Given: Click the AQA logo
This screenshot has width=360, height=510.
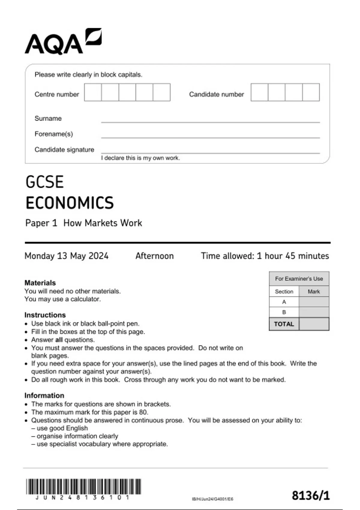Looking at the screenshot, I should pyautogui.click(x=63, y=42).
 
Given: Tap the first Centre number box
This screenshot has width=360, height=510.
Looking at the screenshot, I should pyautogui.click(x=93, y=92).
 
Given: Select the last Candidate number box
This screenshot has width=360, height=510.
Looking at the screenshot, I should pyautogui.click(x=311, y=92).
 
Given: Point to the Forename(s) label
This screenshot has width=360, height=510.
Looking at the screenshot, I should pyautogui.click(x=54, y=134).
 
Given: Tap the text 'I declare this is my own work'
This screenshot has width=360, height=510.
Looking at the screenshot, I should pyautogui.click(x=140, y=158).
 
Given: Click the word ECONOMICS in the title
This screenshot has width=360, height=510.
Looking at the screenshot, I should pyautogui.click(x=70, y=203).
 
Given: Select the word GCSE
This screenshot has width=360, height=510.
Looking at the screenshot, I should pyautogui.click(x=45, y=182).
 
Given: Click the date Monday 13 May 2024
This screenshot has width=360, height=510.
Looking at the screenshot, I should pyautogui.click(x=66, y=256).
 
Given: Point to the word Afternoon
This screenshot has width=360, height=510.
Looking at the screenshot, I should pyautogui.click(x=154, y=256).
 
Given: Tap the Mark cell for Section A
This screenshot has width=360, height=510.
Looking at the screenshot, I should pyautogui.click(x=314, y=302).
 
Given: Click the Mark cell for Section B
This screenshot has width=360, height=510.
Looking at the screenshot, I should pyautogui.click(x=314, y=312).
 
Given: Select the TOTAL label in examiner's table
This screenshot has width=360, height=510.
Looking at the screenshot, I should pyautogui.click(x=284, y=324).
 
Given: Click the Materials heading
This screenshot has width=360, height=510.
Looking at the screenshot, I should pyautogui.click(x=40, y=283).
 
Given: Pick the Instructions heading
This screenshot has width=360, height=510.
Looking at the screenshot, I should pyautogui.click(x=45, y=315).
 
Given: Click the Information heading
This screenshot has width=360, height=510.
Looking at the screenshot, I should pyautogui.click(x=44, y=395).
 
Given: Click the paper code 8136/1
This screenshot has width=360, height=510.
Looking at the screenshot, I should pyautogui.click(x=310, y=496).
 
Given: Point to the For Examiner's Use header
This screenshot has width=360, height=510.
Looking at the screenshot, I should pyautogui.click(x=299, y=279).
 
